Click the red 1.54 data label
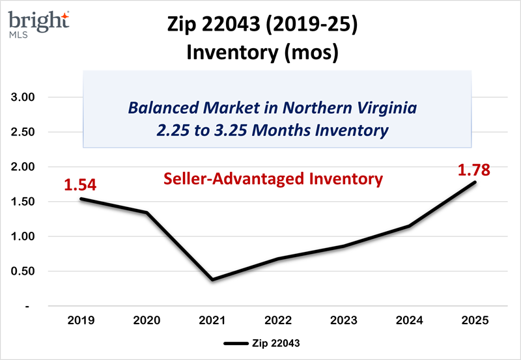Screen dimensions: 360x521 80,185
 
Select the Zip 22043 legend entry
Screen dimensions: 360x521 260,342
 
